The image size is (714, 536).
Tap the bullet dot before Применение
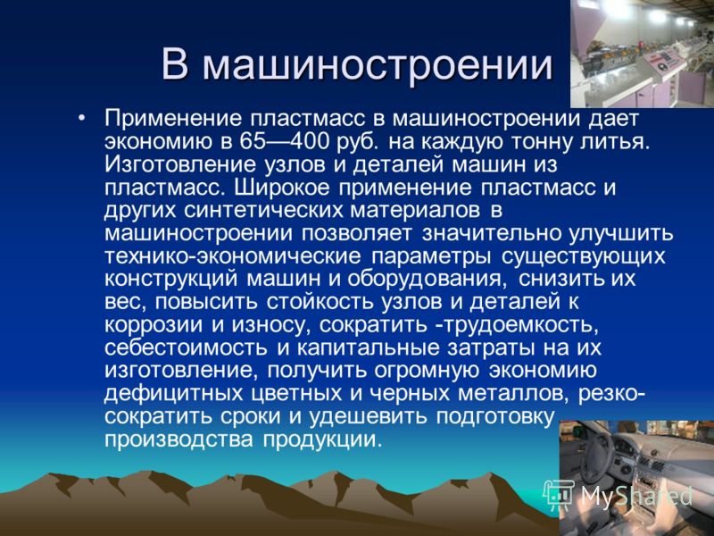coord(81,119)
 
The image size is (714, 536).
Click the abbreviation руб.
coord(358,143)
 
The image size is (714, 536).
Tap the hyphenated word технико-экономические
coord(233,256)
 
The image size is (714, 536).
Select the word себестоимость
coord(186,348)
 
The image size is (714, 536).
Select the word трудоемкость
coord(520,325)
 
